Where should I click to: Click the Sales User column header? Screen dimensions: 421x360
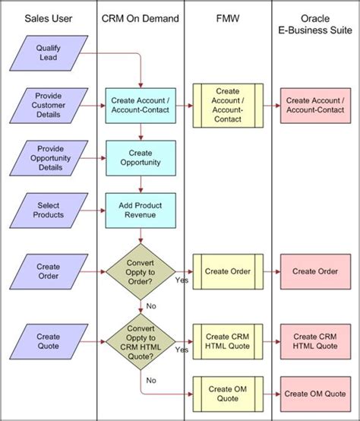[x=49, y=17]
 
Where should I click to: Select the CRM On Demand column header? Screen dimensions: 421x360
[x=141, y=17]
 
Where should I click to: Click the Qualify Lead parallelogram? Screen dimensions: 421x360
[x=48, y=52]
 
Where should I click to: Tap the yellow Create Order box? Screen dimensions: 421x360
[x=228, y=271]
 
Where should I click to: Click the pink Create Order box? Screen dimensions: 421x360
[x=314, y=271]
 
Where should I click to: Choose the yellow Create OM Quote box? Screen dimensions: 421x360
[x=228, y=393]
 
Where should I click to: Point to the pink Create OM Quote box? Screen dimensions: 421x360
[x=314, y=393]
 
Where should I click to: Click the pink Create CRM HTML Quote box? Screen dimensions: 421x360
[x=314, y=340]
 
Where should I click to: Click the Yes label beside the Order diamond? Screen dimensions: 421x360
[x=182, y=280]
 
